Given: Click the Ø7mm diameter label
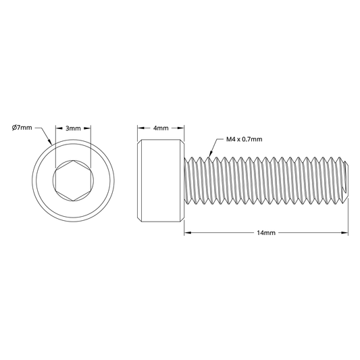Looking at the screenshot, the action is [22, 128].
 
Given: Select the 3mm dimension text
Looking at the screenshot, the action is [73, 128].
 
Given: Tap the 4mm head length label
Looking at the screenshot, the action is [161, 128].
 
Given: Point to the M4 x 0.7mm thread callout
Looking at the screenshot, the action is [244, 139].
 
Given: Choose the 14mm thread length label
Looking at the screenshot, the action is [266, 233].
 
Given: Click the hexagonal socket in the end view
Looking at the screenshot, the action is [73, 181].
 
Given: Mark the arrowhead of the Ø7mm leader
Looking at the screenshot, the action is [49, 141].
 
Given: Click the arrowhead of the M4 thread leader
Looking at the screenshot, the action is [211, 154].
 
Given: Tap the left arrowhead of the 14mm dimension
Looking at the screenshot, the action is [188, 233].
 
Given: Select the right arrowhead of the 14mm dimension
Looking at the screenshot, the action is [345, 233].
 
